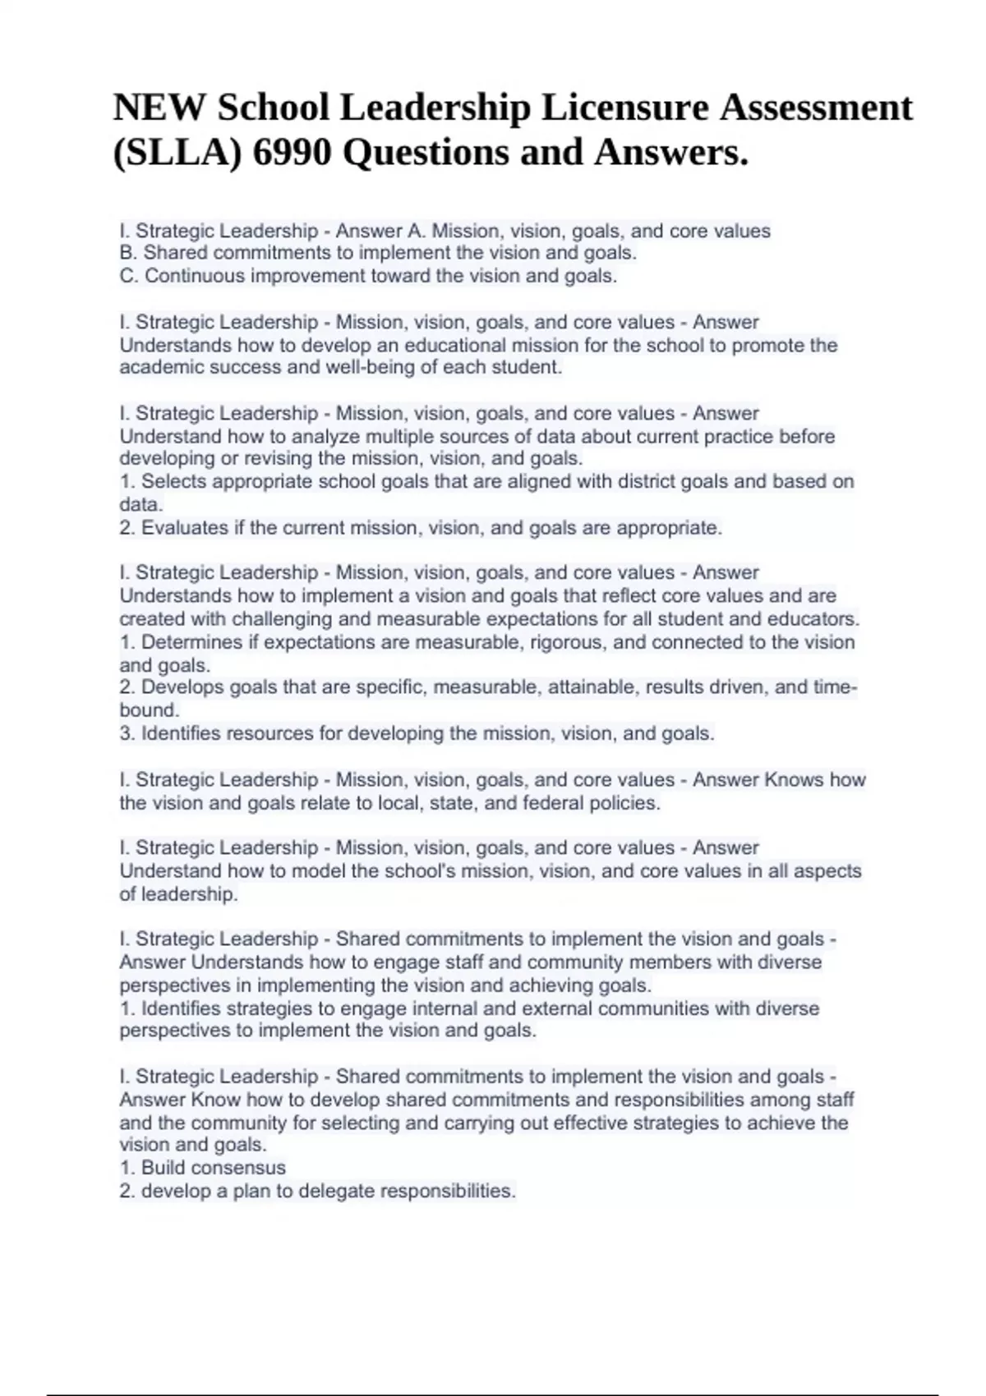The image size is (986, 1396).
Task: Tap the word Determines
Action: pyautogui.click(x=192, y=641)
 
